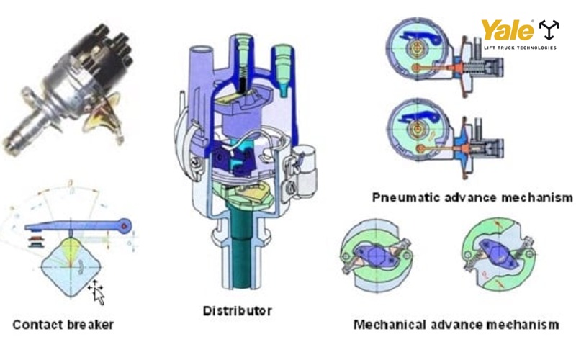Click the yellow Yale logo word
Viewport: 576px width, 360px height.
coord(508,30)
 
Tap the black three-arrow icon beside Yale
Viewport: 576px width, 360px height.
coord(549,30)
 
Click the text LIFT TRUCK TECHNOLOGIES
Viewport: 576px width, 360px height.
coord(520,48)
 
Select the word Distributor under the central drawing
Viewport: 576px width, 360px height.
coord(238,311)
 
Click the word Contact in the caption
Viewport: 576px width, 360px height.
coord(37,325)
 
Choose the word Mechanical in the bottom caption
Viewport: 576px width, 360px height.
coord(390,325)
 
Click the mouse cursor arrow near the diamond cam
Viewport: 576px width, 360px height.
coord(97,293)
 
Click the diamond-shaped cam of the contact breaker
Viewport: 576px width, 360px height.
coord(70,266)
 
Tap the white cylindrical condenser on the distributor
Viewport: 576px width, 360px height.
coord(304,171)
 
